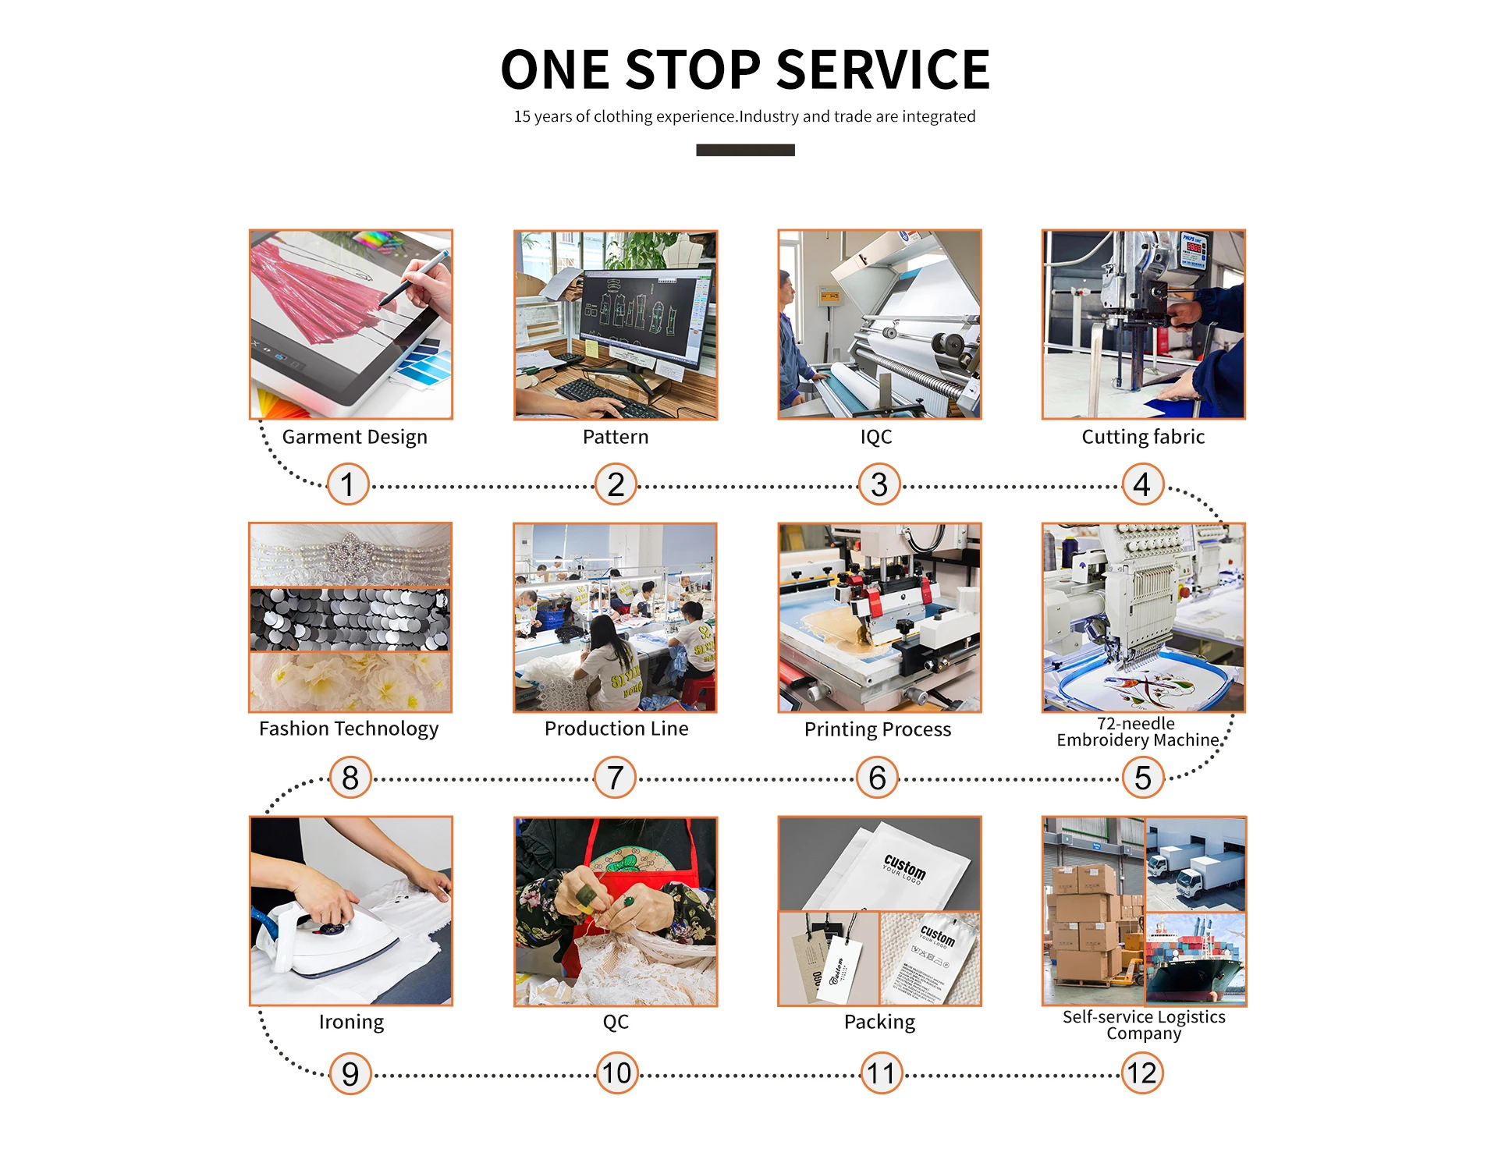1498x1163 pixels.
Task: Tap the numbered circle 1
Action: coord(348,484)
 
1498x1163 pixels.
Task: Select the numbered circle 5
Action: coord(1142,778)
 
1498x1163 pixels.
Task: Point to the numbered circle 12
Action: coord(1142,1073)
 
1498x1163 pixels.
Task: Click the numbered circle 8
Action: coord(350,778)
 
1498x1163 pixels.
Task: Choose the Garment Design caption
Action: coord(354,437)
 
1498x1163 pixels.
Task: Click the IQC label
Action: coord(876,437)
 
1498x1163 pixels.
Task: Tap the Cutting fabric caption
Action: coord(1143,437)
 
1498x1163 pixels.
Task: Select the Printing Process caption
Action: coord(878,729)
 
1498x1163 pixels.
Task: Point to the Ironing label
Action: coord(351,1022)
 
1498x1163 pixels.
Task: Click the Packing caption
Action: coord(879,1022)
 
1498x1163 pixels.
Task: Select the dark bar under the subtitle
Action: coord(745,150)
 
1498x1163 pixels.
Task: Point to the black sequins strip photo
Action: coord(350,619)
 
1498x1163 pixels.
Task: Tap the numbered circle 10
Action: coord(616,1073)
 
